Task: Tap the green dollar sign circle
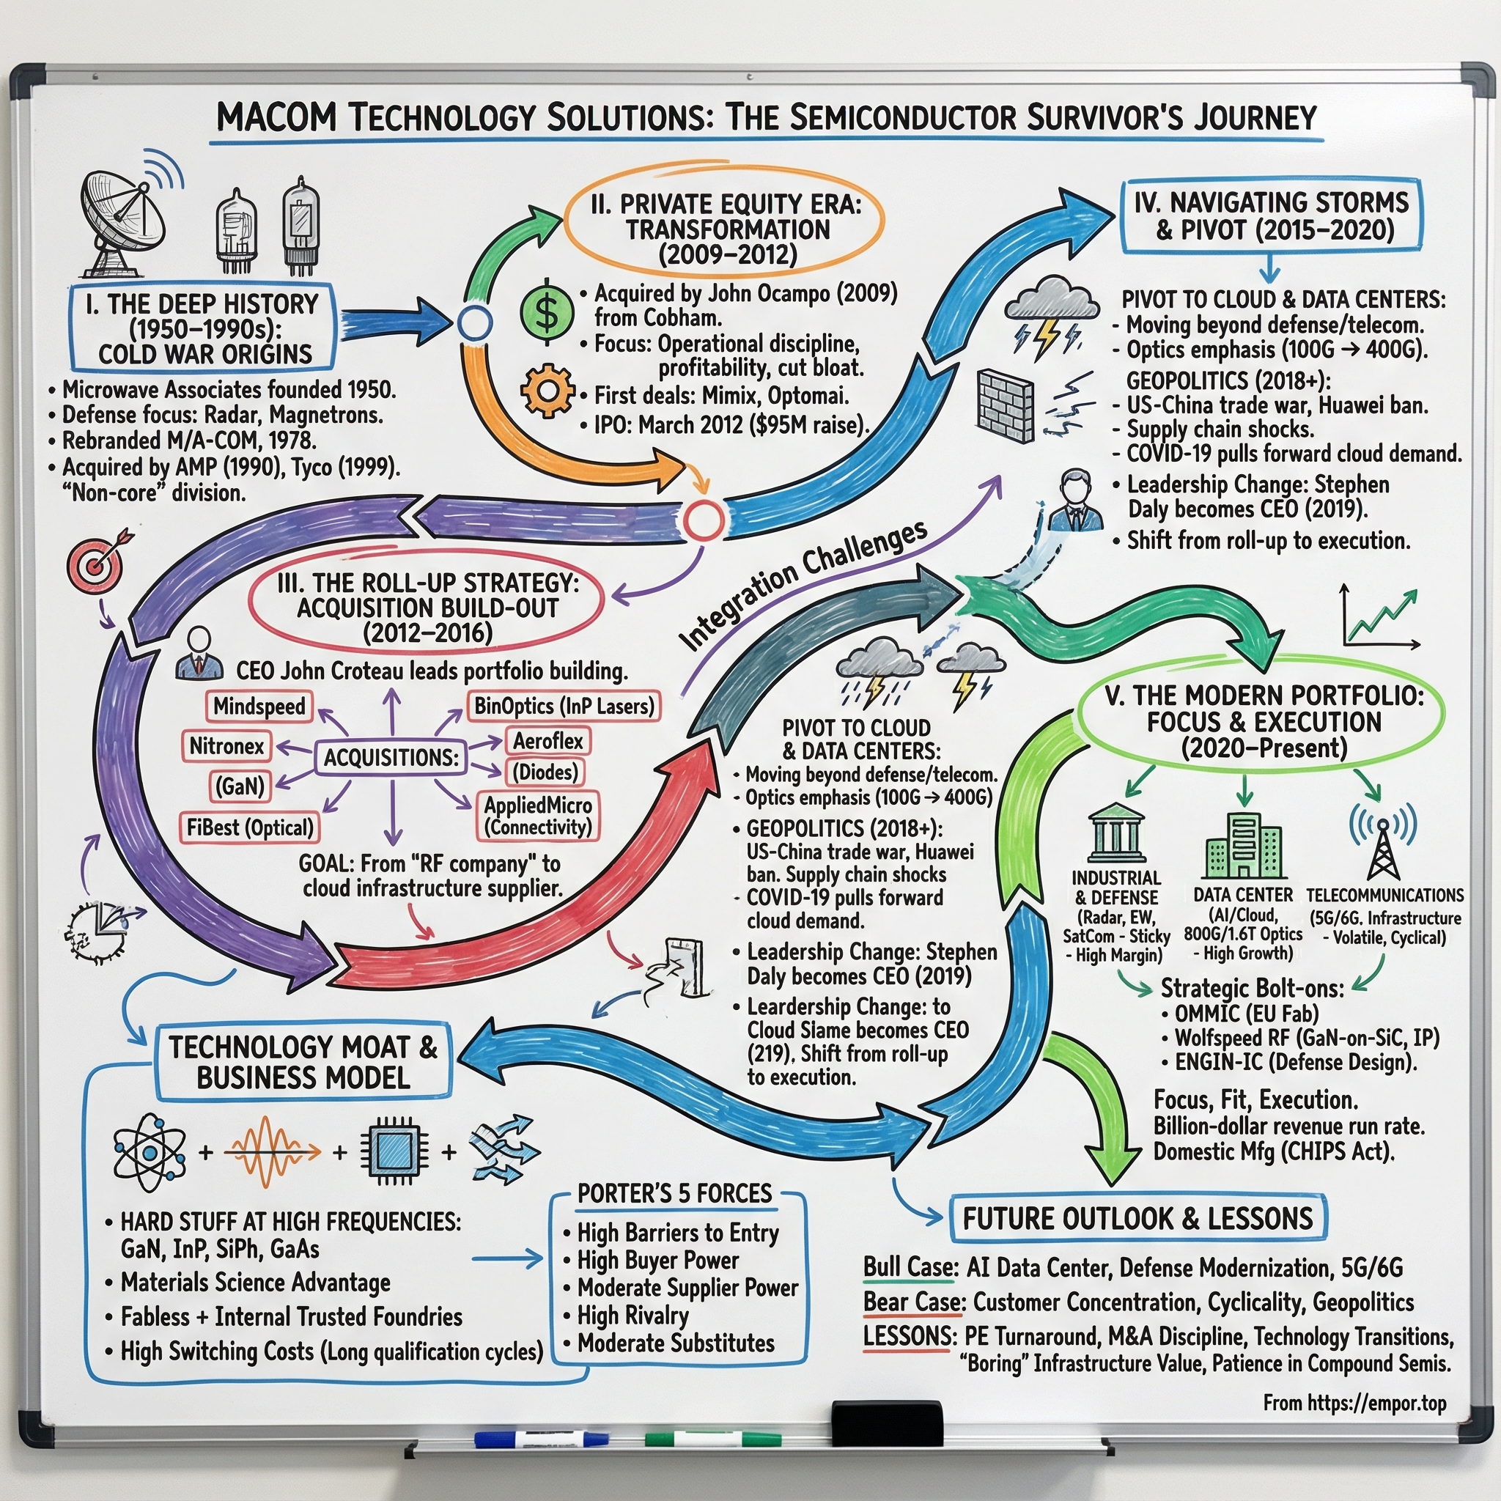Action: (547, 313)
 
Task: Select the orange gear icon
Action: (547, 391)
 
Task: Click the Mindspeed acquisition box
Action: (259, 707)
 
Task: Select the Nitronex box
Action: (226, 747)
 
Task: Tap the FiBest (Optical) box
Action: (249, 827)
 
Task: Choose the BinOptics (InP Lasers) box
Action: (564, 707)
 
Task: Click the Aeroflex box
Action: (547, 741)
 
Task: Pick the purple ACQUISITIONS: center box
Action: (391, 758)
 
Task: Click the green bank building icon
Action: (1116, 832)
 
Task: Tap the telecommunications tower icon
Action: (1382, 840)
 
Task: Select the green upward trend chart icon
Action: (1381, 618)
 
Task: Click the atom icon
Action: (150, 1152)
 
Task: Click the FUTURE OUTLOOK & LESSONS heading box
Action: (1137, 1218)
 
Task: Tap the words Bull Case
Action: (908, 1268)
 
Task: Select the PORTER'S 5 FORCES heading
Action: (674, 1193)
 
